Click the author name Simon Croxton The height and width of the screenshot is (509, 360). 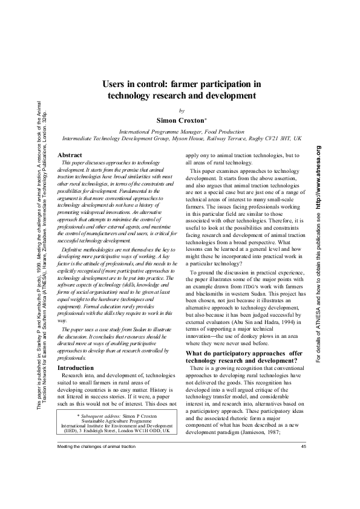180,120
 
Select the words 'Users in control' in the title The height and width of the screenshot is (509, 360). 129,85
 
